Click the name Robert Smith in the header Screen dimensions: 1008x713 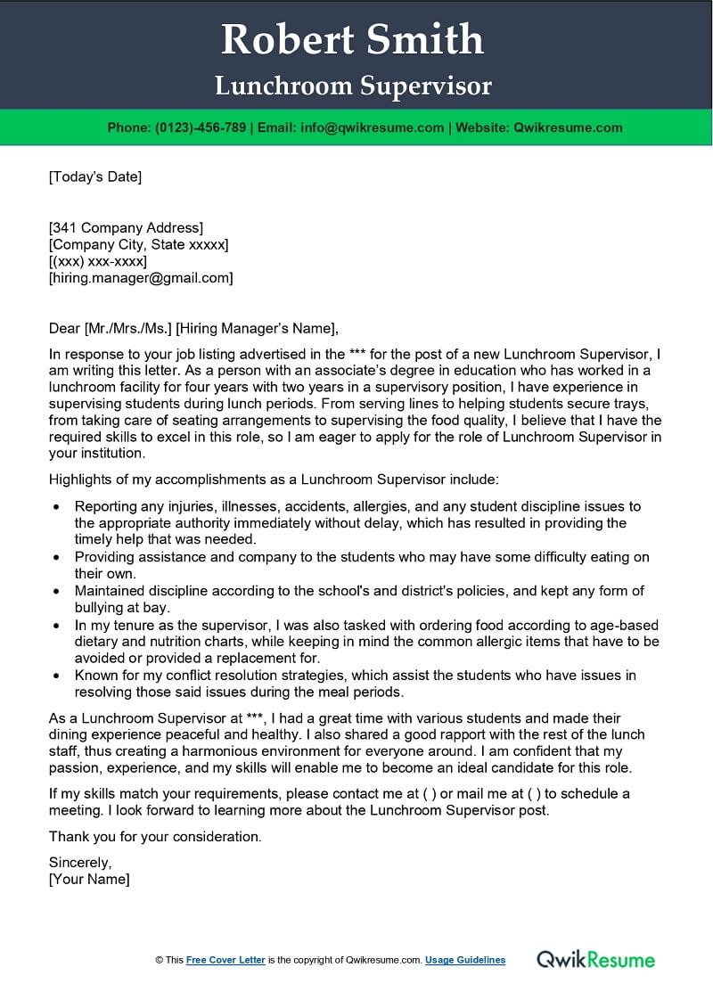(x=353, y=38)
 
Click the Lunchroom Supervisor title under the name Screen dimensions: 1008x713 (x=353, y=86)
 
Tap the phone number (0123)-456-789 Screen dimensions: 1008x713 (x=201, y=127)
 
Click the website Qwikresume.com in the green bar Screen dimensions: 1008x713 (x=568, y=127)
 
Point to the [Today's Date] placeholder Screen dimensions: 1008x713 (x=95, y=176)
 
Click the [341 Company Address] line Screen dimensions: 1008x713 (x=126, y=227)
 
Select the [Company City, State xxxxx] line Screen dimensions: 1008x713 (x=138, y=244)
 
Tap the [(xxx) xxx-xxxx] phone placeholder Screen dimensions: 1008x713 (x=98, y=261)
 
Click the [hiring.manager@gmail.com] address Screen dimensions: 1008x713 (x=141, y=278)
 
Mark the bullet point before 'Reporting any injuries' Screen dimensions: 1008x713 (x=57, y=506)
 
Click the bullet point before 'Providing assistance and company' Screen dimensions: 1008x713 (x=57, y=557)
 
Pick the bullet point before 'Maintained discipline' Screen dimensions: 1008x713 (x=57, y=591)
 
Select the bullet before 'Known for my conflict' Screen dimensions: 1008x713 (x=57, y=676)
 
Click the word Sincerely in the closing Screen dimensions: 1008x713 (x=80, y=862)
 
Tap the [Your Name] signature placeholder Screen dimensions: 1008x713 (x=89, y=879)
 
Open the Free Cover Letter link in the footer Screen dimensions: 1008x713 (x=225, y=960)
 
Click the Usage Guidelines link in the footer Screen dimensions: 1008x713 (x=465, y=960)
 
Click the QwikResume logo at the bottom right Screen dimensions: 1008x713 (x=595, y=959)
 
